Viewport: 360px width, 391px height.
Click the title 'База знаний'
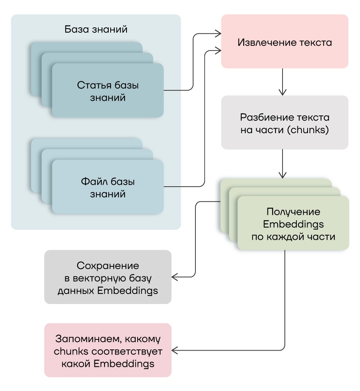point(96,30)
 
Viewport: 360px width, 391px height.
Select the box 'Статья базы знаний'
point(108,91)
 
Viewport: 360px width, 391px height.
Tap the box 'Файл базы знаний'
point(108,187)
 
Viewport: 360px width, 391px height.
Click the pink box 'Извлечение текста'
point(284,42)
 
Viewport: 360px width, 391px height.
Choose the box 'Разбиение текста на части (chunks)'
point(284,123)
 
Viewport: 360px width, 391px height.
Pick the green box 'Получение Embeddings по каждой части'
point(293,224)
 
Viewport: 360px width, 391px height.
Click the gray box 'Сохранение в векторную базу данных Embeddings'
point(108,277)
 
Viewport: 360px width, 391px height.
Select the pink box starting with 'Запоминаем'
point(108,350)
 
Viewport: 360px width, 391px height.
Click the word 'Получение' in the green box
point(293,212)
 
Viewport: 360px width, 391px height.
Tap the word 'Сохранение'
point(108,266)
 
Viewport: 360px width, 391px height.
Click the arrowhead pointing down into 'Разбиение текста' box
point(283,92)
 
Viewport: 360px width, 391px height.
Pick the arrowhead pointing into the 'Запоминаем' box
point(175,350)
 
